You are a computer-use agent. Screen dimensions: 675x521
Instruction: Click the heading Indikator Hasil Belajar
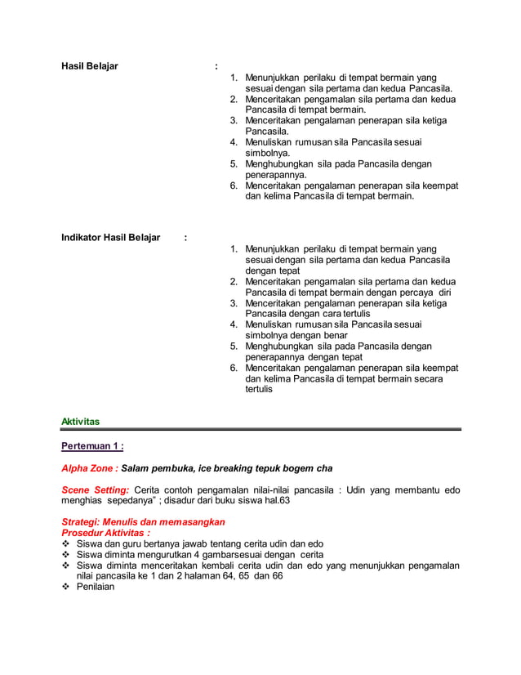point(111,238)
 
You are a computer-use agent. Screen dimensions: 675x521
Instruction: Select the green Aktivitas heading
point(80,422)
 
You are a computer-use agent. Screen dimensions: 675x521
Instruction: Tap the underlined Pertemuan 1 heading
point(92,446)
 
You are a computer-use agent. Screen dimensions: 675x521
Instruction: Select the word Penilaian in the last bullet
point(96,587)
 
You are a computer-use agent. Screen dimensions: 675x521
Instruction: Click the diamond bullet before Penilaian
point(66,587)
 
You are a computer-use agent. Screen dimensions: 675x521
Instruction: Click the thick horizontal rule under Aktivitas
point(261,429)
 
